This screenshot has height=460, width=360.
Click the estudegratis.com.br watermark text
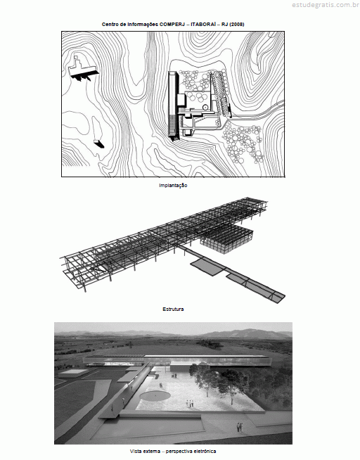[326, 5]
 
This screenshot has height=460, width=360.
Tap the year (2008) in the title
[237, 25]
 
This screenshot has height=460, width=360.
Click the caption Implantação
[173, 186]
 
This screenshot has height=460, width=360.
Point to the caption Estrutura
[173, 309]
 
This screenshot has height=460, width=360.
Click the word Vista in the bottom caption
[135, 451]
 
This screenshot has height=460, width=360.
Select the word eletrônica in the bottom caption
[205, 451]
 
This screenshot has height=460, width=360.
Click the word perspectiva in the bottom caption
[178, 451]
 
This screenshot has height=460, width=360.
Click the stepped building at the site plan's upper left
[82, 69]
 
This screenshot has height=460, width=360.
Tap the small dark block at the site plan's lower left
[98, 143]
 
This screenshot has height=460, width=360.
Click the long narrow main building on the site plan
[173, 106]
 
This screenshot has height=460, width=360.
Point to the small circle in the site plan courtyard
[205, 108]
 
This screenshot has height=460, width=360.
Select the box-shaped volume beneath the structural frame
[226, 238]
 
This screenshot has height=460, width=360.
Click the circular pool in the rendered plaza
[155, 396]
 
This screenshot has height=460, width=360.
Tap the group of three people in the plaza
[190, 404]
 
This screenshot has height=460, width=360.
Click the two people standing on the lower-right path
[240, 427]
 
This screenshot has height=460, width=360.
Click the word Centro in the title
[109, 25]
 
